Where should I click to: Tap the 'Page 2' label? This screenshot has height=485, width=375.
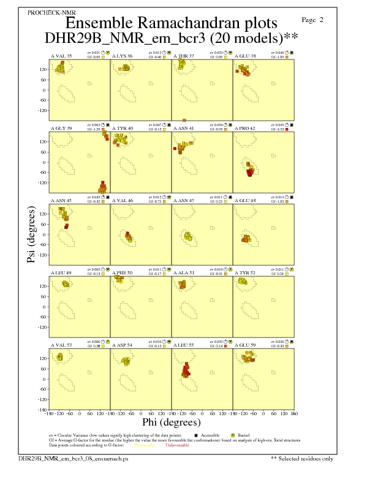(x=313, y=20)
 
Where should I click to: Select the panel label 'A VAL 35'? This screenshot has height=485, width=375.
(x=61, y=56)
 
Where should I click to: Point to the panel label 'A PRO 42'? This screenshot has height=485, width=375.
(x=245, y=128)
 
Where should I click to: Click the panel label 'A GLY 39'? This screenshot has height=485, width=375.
(x=61, y=128)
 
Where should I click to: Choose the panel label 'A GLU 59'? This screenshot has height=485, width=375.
(x=245, y=345)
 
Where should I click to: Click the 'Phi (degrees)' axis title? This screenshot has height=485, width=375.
(x=171, y=422)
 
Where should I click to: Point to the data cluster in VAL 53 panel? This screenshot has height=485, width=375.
(x=60, y=357)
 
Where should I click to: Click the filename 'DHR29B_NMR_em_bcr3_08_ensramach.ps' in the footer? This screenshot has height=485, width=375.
(x=73, y=458)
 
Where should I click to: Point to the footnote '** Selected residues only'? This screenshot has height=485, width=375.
(x=302, y=458)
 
